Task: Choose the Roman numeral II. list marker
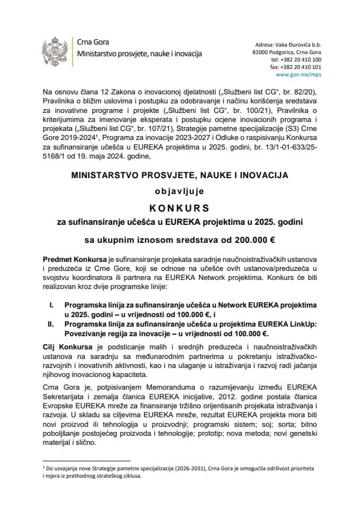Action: tap(51, 325)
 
